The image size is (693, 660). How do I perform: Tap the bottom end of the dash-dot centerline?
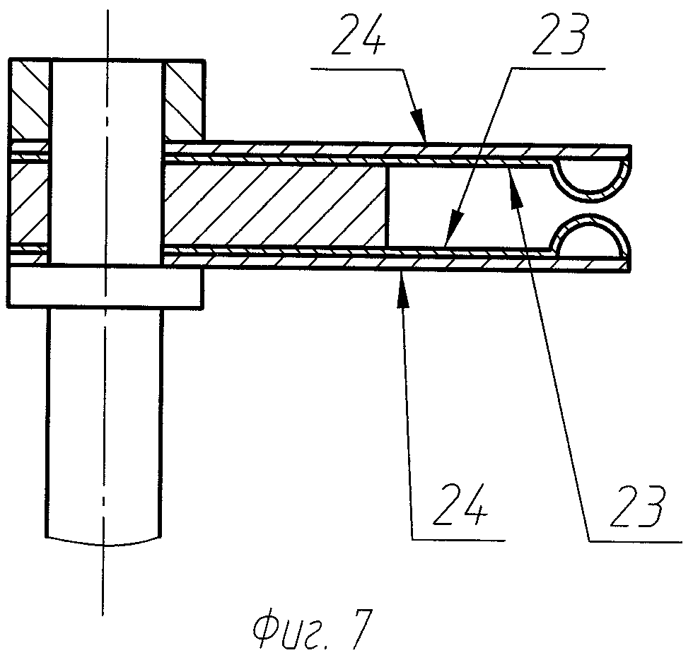tap(103, 613)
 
